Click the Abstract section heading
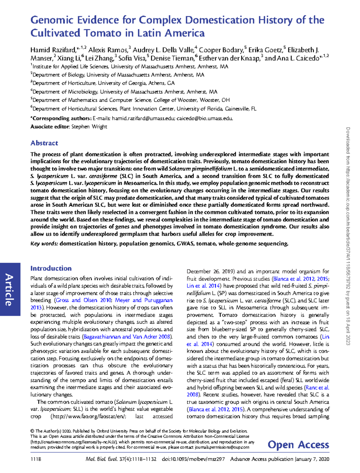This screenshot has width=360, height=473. click(x=44, y=143)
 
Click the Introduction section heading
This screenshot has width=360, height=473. click(x=51, y=268)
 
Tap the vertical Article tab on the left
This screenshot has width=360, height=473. click(x=10, y=289)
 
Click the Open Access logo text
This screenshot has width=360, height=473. click(x=298, y=445)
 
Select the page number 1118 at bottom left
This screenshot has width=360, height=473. click(x=36, y=459)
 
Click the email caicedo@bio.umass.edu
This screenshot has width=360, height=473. click(x=205, y=118)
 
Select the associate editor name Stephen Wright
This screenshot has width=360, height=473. click(x=89, y=127)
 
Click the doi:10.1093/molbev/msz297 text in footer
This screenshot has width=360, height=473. click(x=193, y=459)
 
